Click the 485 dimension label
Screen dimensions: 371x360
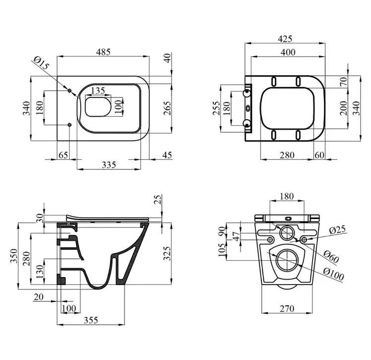click(103, 52)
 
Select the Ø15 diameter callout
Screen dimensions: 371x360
click(41, 63)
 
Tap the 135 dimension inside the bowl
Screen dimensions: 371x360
click(98, 90)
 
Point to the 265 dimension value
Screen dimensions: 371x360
click(167, 108)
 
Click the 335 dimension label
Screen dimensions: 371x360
click(109, 164)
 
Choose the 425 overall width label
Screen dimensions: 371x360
click(285, 39)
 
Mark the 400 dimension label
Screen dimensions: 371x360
click(288, 52)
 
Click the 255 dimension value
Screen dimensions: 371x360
click(216, 108)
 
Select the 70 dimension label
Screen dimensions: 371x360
click(344, 81)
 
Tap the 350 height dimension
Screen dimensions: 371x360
click(13, 256)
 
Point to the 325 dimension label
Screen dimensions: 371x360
click(167, 253)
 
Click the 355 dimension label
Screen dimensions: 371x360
click(91, 320)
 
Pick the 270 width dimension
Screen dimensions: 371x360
click(287, 308)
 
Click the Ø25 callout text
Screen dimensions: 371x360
click(337, 230)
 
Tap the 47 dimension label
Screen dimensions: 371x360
click(237, 236)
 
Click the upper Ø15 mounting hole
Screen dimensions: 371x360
click(69, 91)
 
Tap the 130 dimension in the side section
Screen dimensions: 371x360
click(40, 272)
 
